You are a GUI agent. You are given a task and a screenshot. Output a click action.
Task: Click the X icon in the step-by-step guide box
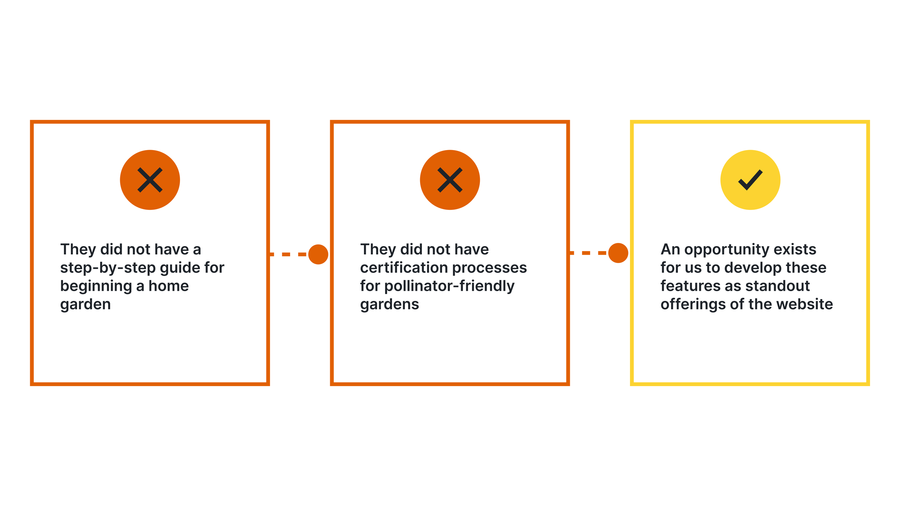coord(150,180)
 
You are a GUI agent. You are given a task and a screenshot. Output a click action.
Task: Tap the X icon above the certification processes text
coord(450,180)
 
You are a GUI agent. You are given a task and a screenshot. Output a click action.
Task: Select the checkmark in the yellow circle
coord(750,180)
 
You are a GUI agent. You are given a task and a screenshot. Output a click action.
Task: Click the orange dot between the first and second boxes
coord(318,254)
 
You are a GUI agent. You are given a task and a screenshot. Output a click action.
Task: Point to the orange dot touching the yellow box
coord(618,253)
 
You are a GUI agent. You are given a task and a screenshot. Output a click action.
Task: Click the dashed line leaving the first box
coord(288,254)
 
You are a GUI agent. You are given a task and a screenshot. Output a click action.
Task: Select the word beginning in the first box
coord(96,286)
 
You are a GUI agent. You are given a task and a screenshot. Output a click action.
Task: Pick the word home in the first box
coord(168,286)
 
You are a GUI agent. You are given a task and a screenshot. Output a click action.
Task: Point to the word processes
coord(489,268)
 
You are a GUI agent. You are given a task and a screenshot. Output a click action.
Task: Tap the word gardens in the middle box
coord(390,305)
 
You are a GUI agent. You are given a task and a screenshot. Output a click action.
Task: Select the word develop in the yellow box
coord(753,268)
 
